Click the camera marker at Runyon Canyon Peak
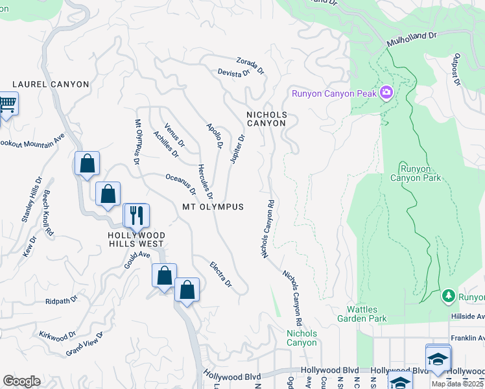click(386, 93)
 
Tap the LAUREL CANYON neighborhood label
click(51, 84)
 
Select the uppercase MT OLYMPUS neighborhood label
click(213, 207)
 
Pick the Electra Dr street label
click(220, 275)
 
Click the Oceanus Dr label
click(181, 183)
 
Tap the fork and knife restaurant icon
click(136, 215)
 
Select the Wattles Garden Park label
click(362, 314)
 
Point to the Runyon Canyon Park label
click(415, 173)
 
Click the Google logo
click(21, 381)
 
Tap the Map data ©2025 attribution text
click(458, 384)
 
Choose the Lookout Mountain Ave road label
click(32, 140)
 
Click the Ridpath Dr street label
click(61, 300)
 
